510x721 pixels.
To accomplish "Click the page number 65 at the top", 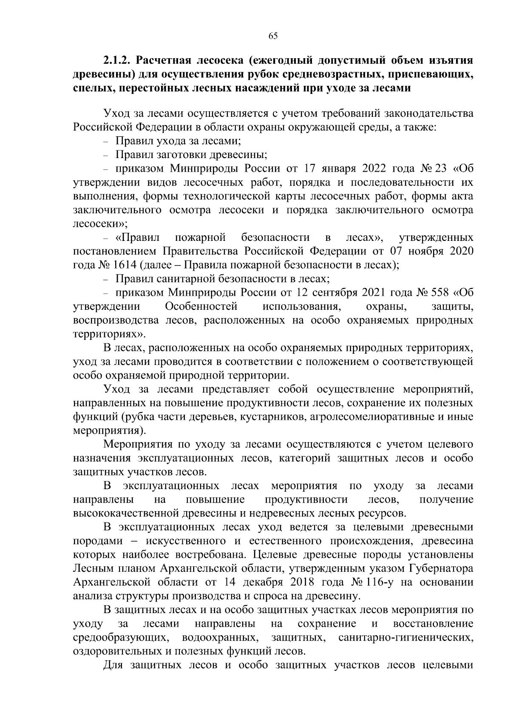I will coord(273,36).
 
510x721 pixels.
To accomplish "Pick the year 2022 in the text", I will coord(378,168).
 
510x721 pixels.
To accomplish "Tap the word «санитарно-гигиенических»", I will coord(405,637).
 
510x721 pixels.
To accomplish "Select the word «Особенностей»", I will coord(201,306).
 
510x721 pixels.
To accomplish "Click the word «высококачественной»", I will coord(126,513).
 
